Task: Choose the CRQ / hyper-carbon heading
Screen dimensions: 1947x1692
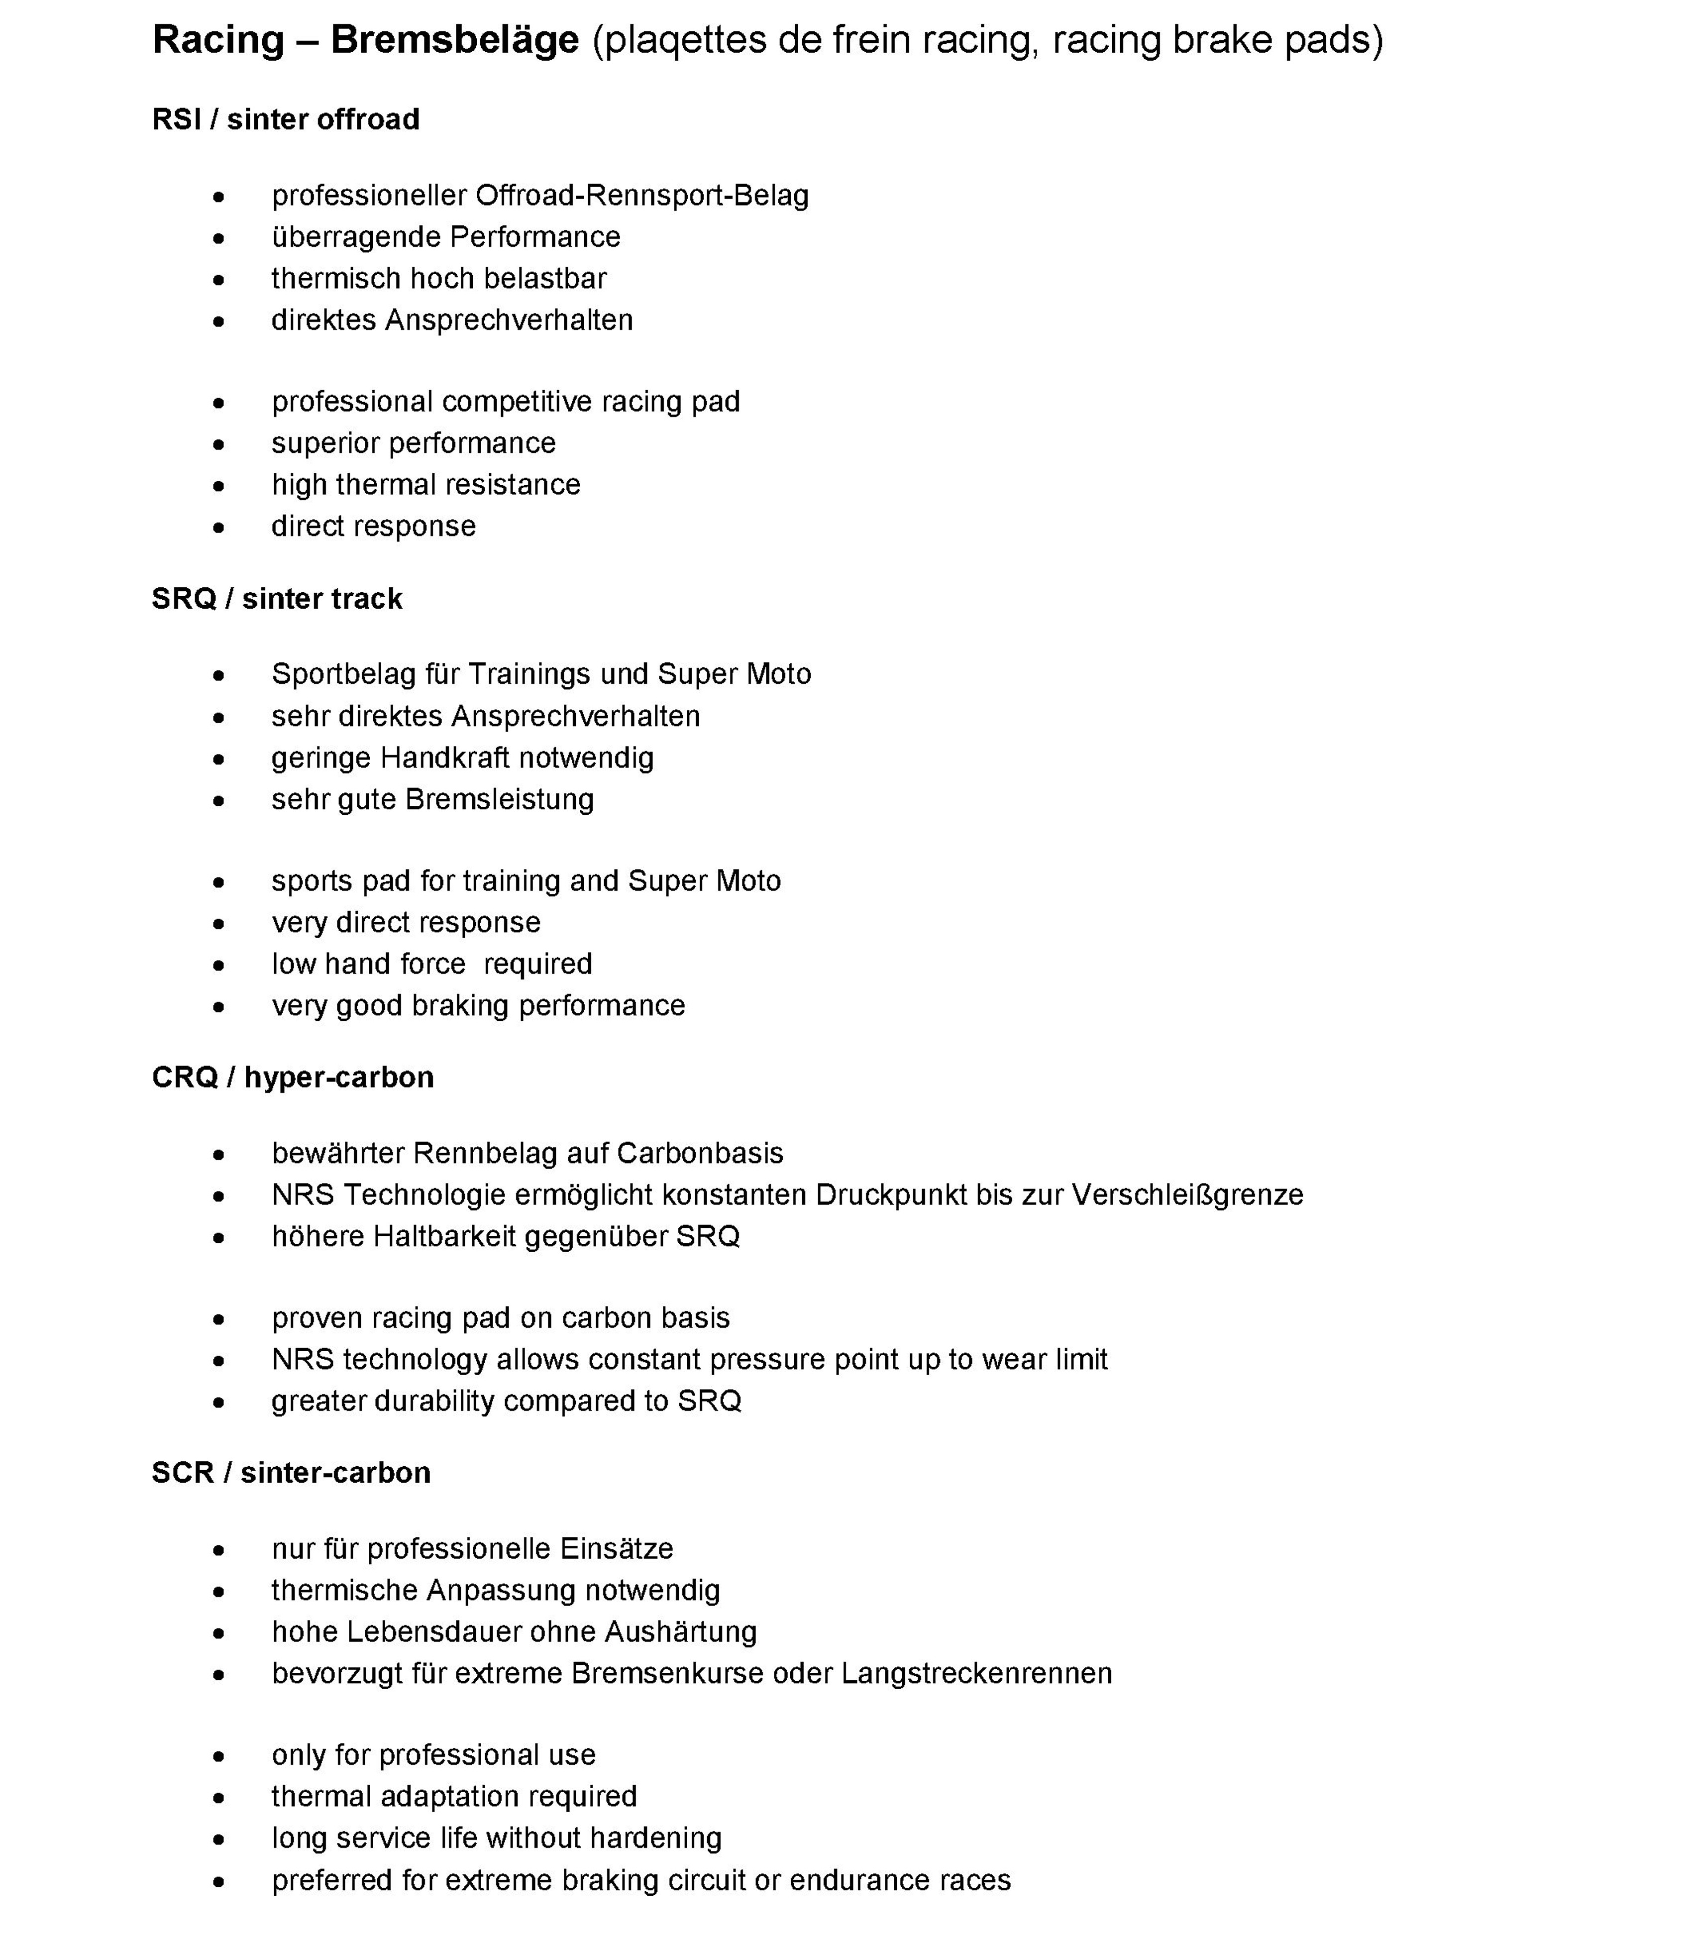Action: [x=293, y=1078]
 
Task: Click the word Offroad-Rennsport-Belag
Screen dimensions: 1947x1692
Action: [x=642, y=196]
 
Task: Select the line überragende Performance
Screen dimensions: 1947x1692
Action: [x=446, y=237]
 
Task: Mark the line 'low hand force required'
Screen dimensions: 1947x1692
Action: [x=431, y=964]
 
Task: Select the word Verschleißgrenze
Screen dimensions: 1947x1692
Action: [x=1188, y=1195]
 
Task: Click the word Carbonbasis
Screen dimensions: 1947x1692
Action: [x=700, y=1154]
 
